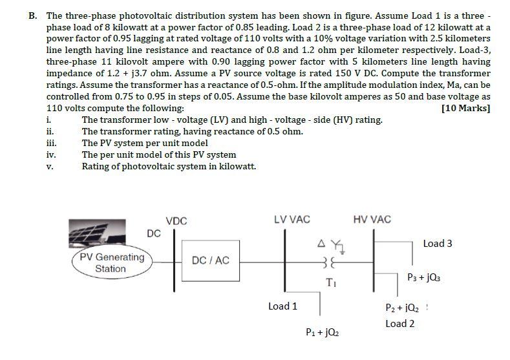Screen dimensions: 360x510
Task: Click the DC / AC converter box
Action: tap(211, 260)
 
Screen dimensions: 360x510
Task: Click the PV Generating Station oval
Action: tap(111, 262)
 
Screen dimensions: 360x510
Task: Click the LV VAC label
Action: tap(292, 220)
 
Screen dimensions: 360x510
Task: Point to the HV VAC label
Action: tap(372, 220)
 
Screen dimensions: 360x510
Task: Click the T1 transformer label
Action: tap(331, 282)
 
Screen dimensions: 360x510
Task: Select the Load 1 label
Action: tap(282, 306)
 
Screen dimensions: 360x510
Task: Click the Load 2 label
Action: tap(399, 323)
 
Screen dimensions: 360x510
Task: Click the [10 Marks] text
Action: tap(465, 108)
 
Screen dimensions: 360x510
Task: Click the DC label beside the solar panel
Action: tap(154, 233)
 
